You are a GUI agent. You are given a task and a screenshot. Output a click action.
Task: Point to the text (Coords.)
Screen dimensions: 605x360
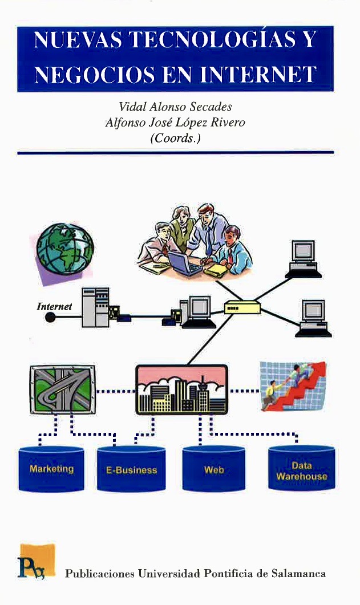(175, 138)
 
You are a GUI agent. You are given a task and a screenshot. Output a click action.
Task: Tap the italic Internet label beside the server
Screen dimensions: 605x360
(54, 306)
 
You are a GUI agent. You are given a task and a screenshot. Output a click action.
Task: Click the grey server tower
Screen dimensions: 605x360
(95, 307)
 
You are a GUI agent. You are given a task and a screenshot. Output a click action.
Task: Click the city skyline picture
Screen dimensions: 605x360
(181, 389)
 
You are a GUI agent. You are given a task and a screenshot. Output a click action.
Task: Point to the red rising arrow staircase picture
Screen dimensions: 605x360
(292, 386)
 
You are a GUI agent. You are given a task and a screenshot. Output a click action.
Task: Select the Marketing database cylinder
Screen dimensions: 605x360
(51, 469)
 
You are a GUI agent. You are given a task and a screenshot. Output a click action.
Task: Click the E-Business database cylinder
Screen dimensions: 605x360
(131, 470)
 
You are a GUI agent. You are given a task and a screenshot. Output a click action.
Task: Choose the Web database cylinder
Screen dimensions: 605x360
(213, 470)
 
